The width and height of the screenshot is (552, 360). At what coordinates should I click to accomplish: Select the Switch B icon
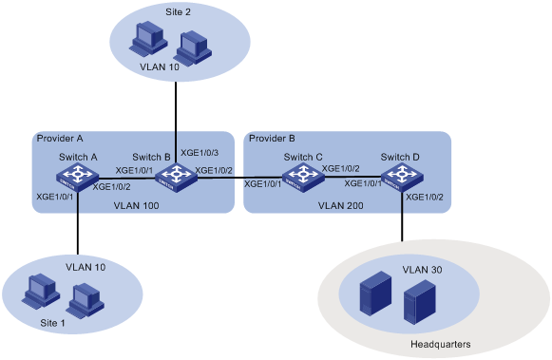[175, 176]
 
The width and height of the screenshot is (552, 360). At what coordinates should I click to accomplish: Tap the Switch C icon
[303, 176]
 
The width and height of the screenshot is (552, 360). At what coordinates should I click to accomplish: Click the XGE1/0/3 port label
[200, 152]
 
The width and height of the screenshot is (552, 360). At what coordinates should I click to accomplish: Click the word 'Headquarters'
[439, 343]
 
